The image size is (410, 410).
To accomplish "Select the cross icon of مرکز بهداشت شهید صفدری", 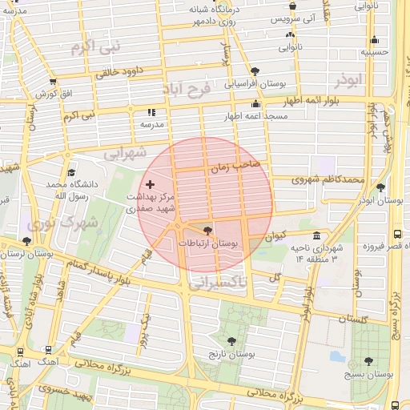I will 150,185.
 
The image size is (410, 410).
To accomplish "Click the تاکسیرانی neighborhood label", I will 219,282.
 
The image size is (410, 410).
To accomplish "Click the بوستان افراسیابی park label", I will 255,82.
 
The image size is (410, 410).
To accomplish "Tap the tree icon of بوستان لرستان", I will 27,240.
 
